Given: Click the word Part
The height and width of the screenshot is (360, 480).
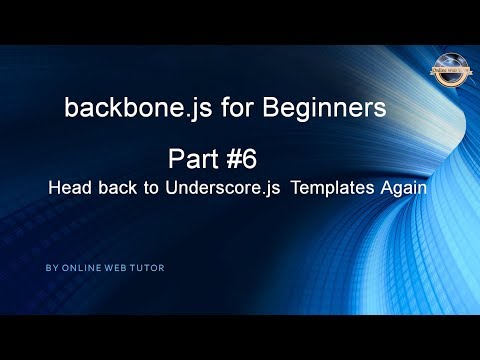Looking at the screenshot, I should pyautogui.click(x=195, y=159).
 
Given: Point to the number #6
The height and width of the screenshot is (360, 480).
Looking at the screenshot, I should pyautogui.click(x=247, y=159).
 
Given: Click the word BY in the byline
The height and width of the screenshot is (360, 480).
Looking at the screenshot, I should pyautogui.click(x=51, y=268).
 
